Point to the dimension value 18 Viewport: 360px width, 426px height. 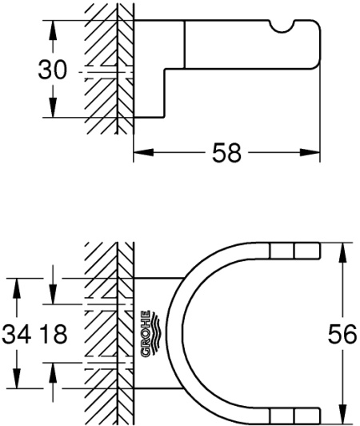(x=53, y=332)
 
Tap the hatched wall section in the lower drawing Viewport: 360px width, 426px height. (x=104, y=332)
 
